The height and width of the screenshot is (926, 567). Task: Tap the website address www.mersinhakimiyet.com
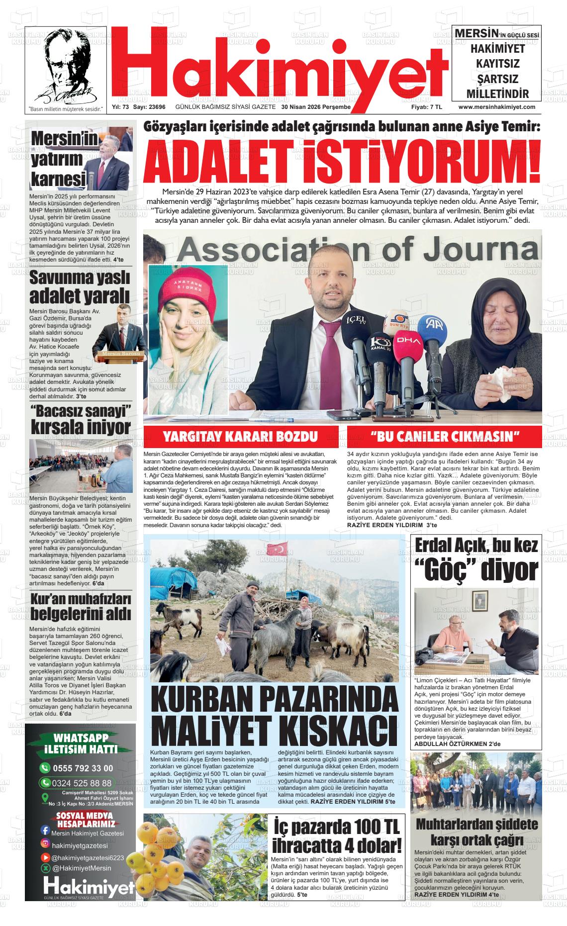click(x=496, y=107)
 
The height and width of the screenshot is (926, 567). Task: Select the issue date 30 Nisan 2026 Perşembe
click(x=316, y=107)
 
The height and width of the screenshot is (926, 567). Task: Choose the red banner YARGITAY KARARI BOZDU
click(x=241, y=437)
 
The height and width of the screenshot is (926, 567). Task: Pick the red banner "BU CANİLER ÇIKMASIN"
click(x=444, y=437)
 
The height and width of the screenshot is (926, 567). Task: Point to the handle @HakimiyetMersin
click(x=82, y=868)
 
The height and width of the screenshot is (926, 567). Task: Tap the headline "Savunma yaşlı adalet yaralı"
click(x=80, y=287)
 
